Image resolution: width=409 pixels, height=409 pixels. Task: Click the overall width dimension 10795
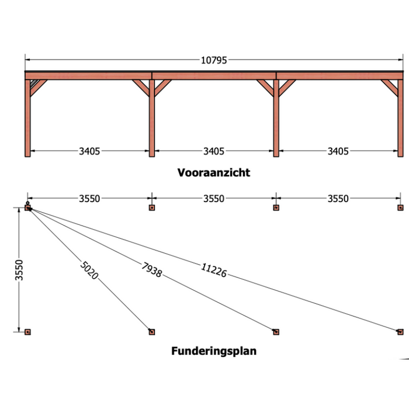[x=214, y=60]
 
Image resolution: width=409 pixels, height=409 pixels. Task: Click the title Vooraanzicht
[x=214, y=172]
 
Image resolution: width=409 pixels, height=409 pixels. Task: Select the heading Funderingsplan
[x=214, y=351]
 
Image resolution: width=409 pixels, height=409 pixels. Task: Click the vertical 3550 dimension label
[x=19, y=269]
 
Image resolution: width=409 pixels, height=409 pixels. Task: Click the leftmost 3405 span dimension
[x=89, y=151]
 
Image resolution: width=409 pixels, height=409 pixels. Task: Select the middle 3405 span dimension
[x=214, y=151]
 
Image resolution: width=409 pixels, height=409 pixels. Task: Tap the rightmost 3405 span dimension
[x=338, y=151]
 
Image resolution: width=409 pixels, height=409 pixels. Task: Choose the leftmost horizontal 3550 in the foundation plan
[x=89, y=199]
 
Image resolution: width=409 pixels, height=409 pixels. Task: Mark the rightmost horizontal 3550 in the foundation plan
[x=338, y=199]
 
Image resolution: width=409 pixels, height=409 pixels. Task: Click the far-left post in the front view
[x=27, y=117]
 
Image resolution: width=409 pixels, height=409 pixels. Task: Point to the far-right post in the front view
[x=401, y=117]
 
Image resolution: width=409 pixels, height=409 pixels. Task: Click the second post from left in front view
[x=152, y=117]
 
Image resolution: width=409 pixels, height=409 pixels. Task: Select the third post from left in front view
[x=276, y=117]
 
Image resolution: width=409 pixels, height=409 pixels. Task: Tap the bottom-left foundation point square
[x=27, y=332]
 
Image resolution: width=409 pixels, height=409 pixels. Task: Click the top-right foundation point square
[x=400, y=207]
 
